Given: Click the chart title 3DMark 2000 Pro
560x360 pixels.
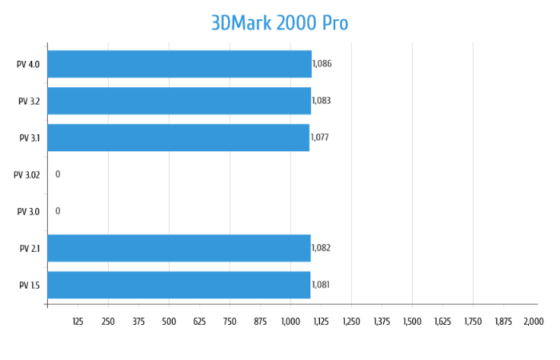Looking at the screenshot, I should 279,23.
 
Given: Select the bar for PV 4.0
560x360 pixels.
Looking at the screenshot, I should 179,64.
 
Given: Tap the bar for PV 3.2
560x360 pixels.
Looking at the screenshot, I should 179,101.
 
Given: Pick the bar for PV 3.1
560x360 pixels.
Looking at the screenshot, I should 178,138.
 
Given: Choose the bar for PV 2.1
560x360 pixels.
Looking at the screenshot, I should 179,248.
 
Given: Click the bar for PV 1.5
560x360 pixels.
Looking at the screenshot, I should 179,285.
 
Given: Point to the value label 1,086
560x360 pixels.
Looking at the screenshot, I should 322,64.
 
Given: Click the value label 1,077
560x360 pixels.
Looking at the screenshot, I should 319,138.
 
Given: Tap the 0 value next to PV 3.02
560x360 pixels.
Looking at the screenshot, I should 58,174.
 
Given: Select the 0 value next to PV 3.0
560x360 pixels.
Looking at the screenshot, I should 58,211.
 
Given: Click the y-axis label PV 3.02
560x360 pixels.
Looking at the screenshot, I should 27,174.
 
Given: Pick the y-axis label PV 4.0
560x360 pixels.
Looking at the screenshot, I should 29,64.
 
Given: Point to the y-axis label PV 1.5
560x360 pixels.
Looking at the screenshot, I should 29,285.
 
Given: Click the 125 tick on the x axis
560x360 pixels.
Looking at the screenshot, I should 78,322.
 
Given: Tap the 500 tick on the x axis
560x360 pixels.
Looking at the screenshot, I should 169,322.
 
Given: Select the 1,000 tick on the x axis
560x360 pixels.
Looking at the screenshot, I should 290,322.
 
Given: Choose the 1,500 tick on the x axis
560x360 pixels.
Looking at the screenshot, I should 412,322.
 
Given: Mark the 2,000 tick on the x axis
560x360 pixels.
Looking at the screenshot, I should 533,322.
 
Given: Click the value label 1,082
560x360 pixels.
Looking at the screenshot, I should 321,248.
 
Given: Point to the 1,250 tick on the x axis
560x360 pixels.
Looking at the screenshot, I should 351,322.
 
